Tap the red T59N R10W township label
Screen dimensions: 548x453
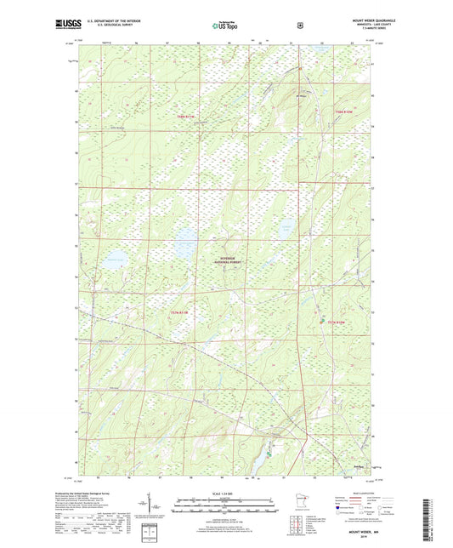(x=343, y=111)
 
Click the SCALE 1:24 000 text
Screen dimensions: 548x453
(x=225, y=494)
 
